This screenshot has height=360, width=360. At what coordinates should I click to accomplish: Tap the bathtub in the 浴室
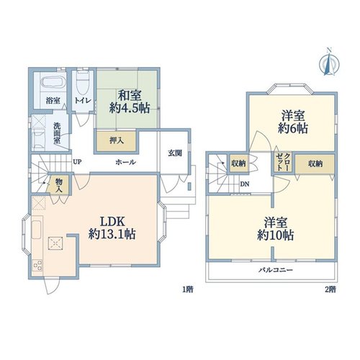(x=53, y=82)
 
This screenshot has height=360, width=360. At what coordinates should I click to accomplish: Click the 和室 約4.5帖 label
(x=130, y=102)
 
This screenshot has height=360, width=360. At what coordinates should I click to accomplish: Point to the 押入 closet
(x=117, y=141)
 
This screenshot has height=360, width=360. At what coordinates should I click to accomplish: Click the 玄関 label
(x=175, y=153)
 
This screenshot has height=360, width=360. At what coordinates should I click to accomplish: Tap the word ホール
(x=126, y=163)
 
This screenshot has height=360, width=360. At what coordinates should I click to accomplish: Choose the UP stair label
(x=77, y=162)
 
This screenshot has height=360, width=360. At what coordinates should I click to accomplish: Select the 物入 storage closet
(x=58, y=184)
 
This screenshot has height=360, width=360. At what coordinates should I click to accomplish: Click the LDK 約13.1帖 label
(x=112, y=228)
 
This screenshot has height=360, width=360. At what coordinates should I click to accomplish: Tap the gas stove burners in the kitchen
(x=37, y=266)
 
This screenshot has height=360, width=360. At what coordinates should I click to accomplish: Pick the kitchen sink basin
(x=37, y=230)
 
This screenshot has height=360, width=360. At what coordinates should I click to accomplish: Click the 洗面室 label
(x=57, y=133)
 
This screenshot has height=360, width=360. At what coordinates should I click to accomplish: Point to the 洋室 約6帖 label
(x=293, y=122)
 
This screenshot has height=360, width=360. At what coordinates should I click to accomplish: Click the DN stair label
(x=245, y=184)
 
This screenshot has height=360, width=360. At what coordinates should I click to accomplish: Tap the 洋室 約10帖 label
(x=275, y=229)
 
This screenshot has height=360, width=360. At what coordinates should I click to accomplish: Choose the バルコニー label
(x=276, y=270)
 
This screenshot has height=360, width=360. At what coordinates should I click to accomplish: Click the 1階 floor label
(x=188, y=289)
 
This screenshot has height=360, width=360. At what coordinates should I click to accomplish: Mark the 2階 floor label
(x=330, y=289)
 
